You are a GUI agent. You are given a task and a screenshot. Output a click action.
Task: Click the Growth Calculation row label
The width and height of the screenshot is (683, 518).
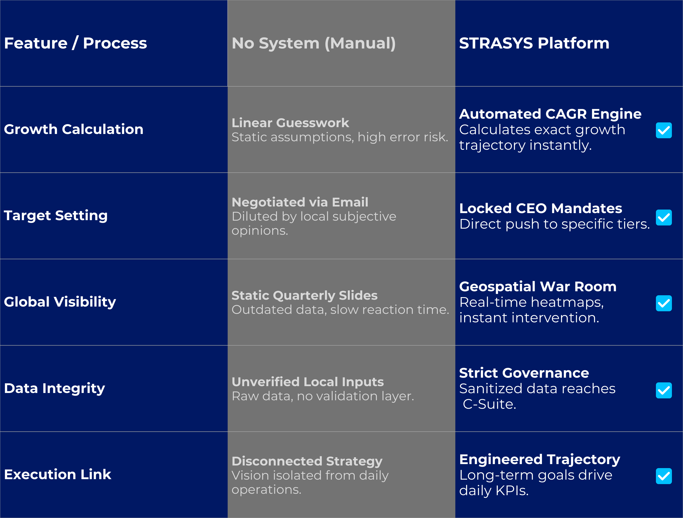point(73,129)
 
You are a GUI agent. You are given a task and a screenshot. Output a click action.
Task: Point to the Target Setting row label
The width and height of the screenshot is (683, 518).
point(56,215)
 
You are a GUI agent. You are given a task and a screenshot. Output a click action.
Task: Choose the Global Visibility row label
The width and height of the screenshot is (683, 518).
point(60,302)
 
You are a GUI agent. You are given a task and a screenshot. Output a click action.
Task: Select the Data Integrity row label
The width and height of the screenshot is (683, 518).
point(54,388)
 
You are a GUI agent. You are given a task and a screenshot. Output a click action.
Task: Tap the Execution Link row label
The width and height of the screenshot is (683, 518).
point(57,474)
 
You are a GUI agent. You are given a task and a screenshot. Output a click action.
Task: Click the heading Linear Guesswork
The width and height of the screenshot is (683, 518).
point(290,123)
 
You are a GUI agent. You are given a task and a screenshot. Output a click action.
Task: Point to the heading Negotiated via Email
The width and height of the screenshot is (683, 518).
point(300,202)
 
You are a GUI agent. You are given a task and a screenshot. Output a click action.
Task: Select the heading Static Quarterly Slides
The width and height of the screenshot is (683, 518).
point(305,295)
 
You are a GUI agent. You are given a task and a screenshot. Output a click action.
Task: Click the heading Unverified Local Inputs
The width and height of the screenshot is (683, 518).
point(308,382)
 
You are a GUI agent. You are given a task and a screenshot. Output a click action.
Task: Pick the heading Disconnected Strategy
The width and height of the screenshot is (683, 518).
point(307,461)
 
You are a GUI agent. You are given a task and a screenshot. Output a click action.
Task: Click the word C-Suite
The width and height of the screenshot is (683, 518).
point(489,404)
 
